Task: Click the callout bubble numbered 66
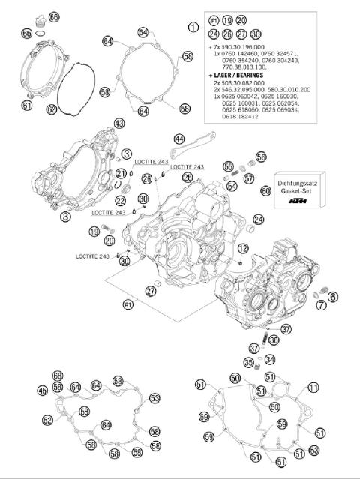53,16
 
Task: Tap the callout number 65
27,34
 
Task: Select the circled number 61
27,106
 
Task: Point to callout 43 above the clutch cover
118,122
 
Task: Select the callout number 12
243,247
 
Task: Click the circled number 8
333,296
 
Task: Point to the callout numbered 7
320,304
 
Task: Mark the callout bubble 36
274,340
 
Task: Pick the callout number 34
270,359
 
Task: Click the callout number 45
42,389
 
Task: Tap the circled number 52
48,420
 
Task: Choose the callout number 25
187,177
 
